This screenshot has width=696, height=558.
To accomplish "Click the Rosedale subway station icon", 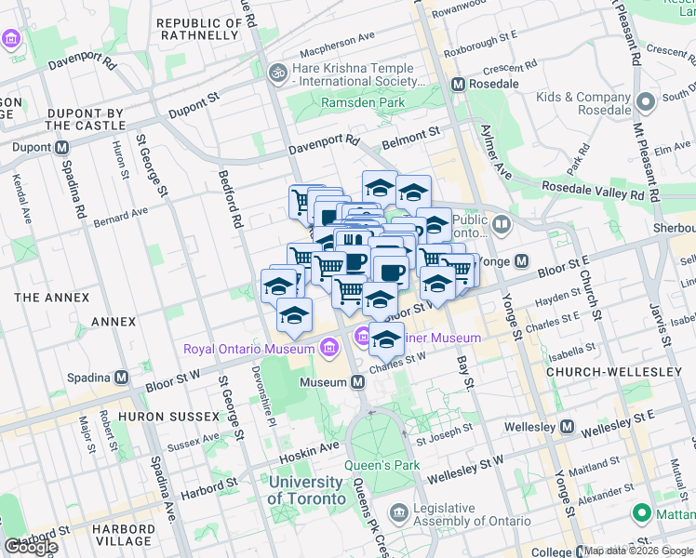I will click(x=458, y=84).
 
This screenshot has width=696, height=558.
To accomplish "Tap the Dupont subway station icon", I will click(x=62, y=148).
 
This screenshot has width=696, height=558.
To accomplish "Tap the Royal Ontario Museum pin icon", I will click(x=328, y=349).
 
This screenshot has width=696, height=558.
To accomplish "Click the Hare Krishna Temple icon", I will click(x=276, y=72).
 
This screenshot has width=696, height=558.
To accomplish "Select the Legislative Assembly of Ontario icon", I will click(x=398, y=512).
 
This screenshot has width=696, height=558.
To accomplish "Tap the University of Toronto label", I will click(x=305, y=490).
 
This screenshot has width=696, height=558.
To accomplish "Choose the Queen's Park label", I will click(x=381, y=465).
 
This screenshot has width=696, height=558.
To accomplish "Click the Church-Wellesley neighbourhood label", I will click(x=614, y=372).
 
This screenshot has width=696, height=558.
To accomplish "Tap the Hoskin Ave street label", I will click(x=310, y=447).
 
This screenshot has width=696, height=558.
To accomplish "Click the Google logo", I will click(x=31, y=547).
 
